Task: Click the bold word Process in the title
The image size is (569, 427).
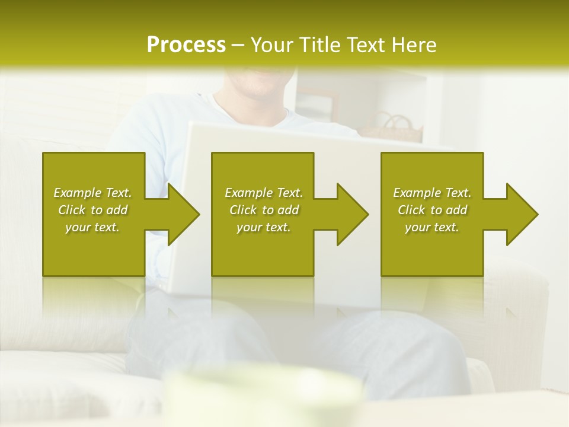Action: [x=186, y=45]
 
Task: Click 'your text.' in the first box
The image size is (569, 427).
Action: [x=92, y=227]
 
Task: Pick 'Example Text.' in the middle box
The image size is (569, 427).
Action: [x=264, y=193]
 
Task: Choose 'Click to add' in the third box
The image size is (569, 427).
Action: [x=433, y=210]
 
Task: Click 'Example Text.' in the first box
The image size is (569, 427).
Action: [x=92, y=193]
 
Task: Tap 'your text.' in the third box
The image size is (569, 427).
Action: [x=432, y=227]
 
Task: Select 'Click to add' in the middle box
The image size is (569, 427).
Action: [x=264, y=210]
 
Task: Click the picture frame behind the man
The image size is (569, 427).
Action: [x=315, y=104]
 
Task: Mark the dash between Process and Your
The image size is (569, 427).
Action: [x=238, y=45]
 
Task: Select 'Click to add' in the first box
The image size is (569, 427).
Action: [x=92, y=210]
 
